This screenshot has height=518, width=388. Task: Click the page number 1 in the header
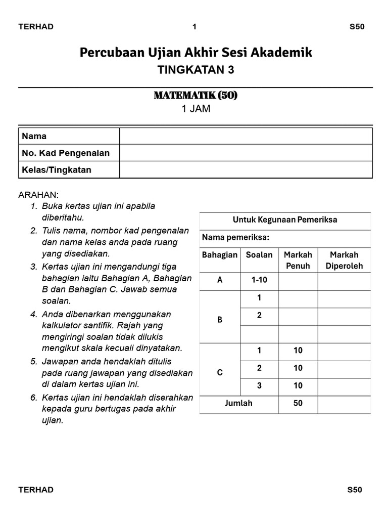tap(195, 27)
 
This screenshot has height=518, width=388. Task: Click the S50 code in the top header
tap(357, 27)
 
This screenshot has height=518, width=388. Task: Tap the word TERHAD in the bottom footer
tap(36, 490)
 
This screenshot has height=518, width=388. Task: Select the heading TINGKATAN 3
tap(196, 70)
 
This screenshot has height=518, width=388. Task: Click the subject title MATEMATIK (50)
tap(196, 95)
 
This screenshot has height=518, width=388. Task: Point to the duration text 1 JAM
tap(196, 108)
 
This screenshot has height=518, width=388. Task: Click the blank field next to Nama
tap(246, 136)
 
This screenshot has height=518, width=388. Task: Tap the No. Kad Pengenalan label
tap(66, 153)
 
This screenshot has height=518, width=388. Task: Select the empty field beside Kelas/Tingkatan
tap(246, 170)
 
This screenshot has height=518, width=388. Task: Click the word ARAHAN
tap(39, 195)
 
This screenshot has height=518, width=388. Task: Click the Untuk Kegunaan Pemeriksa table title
tap(285, 220)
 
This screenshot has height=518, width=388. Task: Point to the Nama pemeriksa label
tap(235, 237)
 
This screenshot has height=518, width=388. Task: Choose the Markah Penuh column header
tap(298, 260)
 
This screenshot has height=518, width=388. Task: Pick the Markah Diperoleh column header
tap(344, 260)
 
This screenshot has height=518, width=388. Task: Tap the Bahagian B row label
tap(220, 320)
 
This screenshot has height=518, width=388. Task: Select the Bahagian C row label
tap(220, 373)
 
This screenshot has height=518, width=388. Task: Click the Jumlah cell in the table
tap(238, 403)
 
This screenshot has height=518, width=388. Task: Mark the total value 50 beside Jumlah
tap(298, 403)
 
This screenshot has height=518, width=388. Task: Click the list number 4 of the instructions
tap(34, 314)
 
